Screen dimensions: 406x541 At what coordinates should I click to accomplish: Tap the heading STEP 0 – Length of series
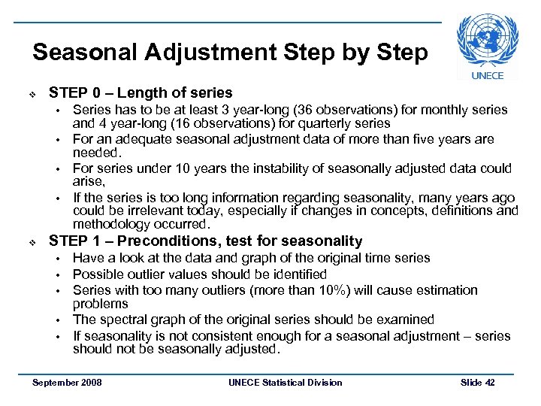141,93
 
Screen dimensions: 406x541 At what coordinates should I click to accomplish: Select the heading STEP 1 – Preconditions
205,241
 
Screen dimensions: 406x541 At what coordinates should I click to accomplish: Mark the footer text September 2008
67,383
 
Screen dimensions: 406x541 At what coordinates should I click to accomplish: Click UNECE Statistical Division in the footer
285,383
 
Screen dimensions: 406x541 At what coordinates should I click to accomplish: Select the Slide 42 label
477,383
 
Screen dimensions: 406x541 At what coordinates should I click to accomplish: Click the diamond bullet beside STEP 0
23,94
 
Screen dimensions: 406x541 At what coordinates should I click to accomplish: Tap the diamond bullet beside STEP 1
23,242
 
